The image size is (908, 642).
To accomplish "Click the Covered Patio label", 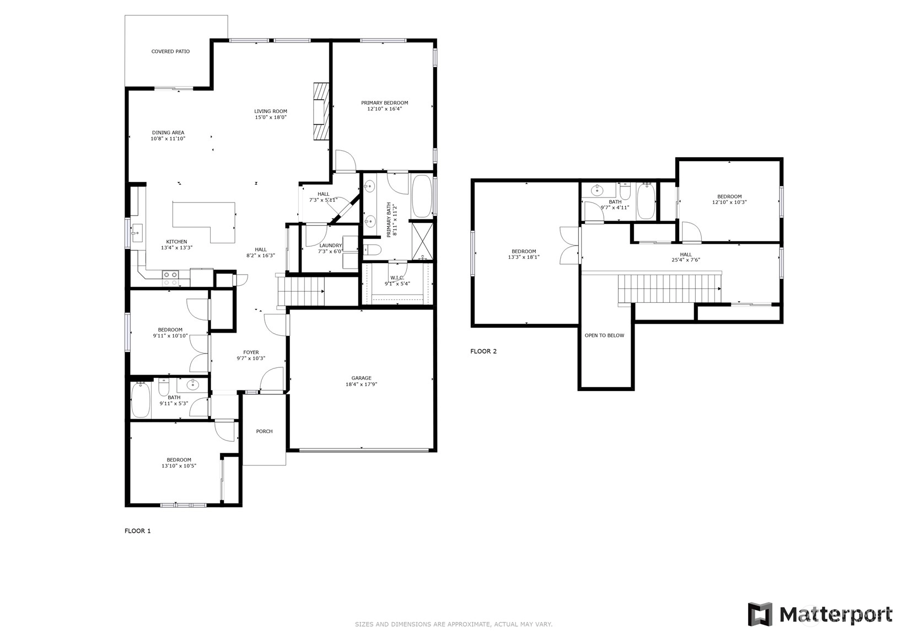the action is tap(170, 51).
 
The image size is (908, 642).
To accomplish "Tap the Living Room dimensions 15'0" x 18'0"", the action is tap(271, 117).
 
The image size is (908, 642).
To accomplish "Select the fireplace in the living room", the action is tap(321, 111).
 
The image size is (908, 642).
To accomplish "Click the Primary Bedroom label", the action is tap(385, 103).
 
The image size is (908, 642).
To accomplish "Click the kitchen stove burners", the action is tap(170, 279).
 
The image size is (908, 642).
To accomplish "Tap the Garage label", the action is tap(361, 378).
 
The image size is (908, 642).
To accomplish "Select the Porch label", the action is tap(264, 431).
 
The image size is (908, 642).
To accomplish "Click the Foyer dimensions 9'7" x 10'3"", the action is tap(251, 358).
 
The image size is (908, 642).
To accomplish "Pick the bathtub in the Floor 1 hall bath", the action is tap(141, 399).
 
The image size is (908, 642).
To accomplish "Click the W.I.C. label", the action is tap(397, 277).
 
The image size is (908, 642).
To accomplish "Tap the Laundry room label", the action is tap(331, 245).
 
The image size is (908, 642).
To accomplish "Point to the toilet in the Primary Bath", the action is tap(371, 249).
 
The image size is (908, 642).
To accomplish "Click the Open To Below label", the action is tap(604, 335).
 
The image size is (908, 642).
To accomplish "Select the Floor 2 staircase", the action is tap(669, 289).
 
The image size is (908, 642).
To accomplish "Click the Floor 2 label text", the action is tap(483, 351).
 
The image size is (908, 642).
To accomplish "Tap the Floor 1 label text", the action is tap(137, 531).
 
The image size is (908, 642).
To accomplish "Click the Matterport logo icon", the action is tap(760, 614).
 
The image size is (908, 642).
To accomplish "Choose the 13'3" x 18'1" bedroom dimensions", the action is tap(524, 257).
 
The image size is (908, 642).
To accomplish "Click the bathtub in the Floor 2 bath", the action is tap(646, 201).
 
